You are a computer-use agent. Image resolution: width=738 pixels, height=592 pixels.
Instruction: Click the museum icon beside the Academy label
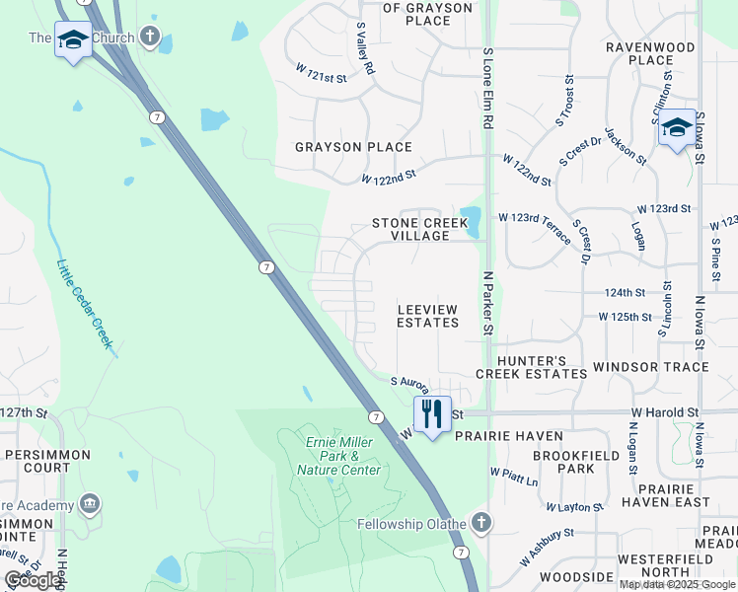91,504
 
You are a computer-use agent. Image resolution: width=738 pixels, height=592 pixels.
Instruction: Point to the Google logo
34,580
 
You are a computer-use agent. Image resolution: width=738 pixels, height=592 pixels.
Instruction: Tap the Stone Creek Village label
419,230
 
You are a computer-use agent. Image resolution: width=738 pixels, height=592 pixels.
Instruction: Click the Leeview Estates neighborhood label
428,316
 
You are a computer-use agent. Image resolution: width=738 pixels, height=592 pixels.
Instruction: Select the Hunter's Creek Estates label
531,367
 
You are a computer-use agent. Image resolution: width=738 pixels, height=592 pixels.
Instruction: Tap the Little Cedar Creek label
86,304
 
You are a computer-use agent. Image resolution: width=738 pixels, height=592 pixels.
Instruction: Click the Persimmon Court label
45,462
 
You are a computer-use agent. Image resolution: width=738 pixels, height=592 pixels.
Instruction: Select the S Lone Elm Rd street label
487,88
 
